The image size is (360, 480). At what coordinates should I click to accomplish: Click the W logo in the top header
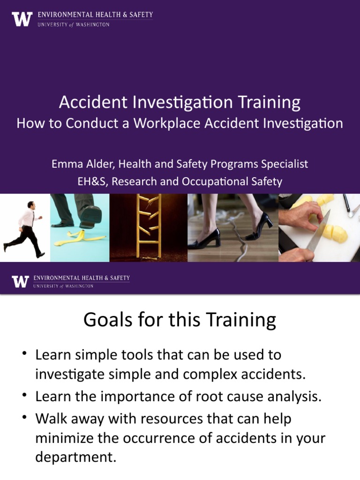pos(22,19)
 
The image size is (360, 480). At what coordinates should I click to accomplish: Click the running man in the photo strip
pos(23,228)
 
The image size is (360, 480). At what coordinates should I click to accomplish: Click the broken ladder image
pos(149,227)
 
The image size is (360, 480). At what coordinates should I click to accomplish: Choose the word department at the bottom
pos(75,457)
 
